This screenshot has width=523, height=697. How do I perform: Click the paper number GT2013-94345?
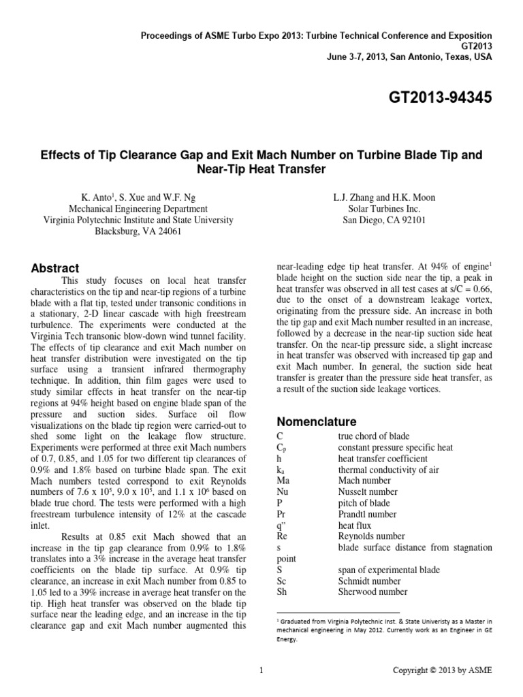click(x=430, y=99)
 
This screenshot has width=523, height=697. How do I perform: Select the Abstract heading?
click(x=58, y=268)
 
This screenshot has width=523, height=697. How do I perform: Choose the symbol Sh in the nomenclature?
click(x=283, y=592)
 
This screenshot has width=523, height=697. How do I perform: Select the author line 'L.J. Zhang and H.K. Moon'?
click(x=384, y=198)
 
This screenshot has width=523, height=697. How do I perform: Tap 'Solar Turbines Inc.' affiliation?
click(x=384, y=209)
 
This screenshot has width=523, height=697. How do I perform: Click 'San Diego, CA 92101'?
click(x=384, y=221)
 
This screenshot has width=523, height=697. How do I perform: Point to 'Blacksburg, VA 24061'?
click(x=139, y=231)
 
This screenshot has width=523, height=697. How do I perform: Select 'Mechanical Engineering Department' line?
click(x=139, y=209)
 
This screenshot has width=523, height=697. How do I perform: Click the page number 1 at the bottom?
click(x=261, y=670)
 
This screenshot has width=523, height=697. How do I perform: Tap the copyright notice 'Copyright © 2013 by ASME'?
click(x=442, y=670)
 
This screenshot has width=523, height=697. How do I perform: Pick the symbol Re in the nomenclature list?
click(x=283, y=536)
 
